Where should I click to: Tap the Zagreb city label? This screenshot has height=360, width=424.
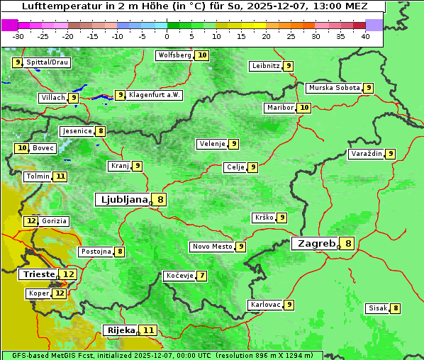(316, 243)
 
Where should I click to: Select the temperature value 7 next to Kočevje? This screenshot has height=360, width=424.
(202, 276)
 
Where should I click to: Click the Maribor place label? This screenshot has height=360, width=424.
(279, 108)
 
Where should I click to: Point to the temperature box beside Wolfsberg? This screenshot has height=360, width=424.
(202, 55)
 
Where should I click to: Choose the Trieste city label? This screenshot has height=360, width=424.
(39, 274)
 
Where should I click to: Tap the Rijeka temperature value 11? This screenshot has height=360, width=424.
(148, 330)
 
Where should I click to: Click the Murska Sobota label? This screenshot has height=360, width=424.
(333, 88)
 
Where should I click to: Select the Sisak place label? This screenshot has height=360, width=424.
(377, 308)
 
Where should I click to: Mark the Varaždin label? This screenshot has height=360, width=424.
(366, 154)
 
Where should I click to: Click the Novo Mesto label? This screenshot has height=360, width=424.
(212, 247)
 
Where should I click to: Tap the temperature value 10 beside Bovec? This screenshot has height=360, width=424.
(22, 148)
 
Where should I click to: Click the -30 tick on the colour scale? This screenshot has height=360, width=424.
(18, 36)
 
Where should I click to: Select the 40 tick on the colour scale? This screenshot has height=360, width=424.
(365, 36)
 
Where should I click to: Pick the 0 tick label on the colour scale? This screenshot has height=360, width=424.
(167, 36)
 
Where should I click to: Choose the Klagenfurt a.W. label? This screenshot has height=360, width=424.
(155, 95)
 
